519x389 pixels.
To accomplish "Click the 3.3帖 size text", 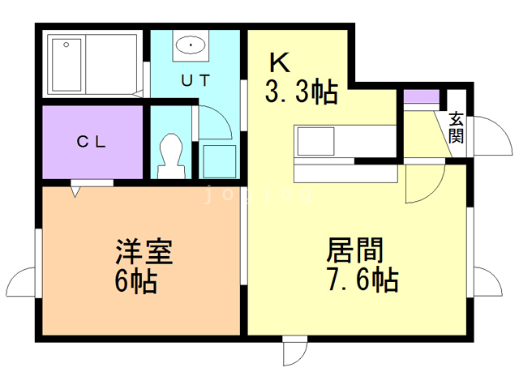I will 301,93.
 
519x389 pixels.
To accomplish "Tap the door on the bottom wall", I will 295,351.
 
